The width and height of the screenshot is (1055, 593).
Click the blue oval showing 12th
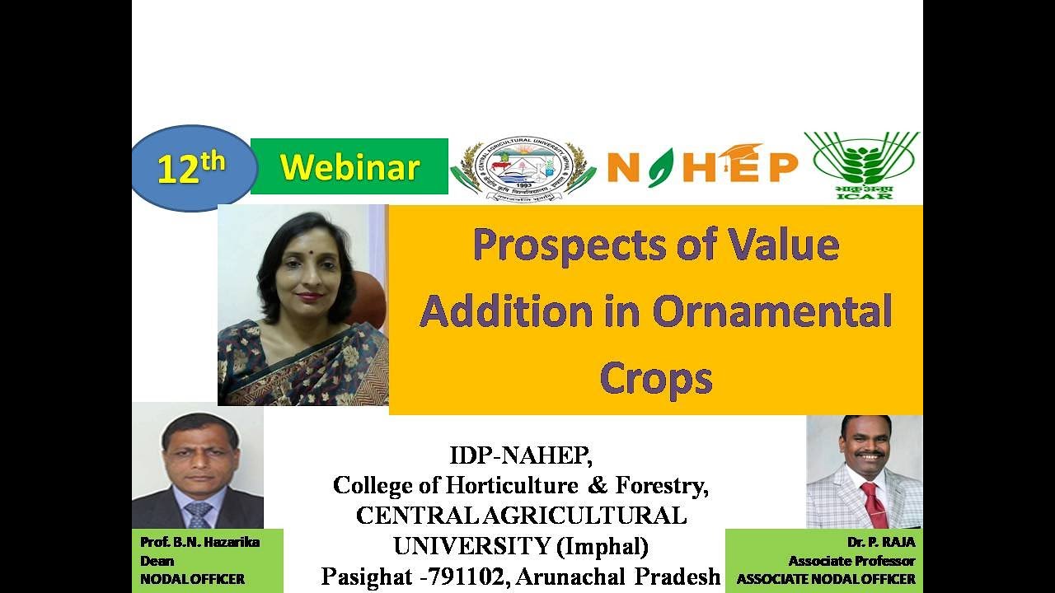tap(191, 169)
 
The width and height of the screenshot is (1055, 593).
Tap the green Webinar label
tap(349, 167)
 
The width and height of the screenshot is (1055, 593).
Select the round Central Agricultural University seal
tap(523, 168)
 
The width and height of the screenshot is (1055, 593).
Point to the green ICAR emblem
tap(862, 165)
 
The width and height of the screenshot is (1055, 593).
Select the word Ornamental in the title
tap(771, 311)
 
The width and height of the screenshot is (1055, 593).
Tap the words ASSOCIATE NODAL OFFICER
tap(826, 579)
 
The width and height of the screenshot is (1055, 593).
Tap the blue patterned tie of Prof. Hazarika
tap(198, 515)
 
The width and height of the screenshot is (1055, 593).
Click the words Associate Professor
tap(851, 561)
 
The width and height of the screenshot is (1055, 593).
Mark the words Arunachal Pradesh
tap(631, 577)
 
